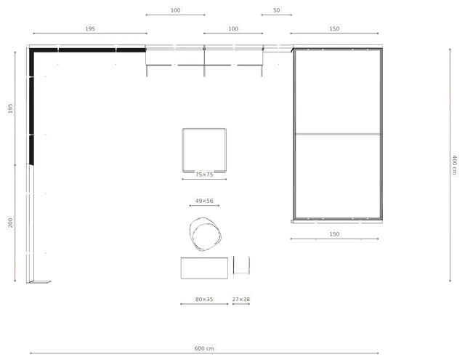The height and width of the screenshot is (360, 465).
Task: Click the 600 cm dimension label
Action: (204, 348)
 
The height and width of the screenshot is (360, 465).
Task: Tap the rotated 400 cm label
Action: (454, 164)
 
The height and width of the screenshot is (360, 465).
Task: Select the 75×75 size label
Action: (204, 175)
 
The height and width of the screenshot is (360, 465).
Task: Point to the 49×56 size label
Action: (204, 201)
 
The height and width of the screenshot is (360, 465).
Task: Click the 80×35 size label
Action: (204, 299)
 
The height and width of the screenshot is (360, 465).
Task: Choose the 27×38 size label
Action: (241, 299)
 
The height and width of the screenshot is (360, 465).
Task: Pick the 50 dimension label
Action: (276, 10)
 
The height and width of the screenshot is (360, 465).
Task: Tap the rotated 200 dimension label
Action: (10, 223)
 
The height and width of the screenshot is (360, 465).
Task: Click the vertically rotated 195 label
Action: (10, 108)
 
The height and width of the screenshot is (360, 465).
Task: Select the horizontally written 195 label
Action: (90, 28)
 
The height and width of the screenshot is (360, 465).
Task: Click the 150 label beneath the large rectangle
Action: (334, 234)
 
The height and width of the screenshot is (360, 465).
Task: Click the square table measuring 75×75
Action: (204, 150)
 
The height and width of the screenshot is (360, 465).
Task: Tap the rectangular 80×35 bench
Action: (204, 268)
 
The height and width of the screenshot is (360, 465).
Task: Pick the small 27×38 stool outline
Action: (241, 265)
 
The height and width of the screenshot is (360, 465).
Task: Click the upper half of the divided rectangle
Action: (338, 92)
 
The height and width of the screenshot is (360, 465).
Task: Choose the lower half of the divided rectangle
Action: (338, 176)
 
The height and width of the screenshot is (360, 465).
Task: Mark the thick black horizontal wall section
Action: (88, 50)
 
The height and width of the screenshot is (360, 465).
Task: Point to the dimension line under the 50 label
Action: (276, 15)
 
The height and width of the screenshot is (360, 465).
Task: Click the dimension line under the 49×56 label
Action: (204, 205)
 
